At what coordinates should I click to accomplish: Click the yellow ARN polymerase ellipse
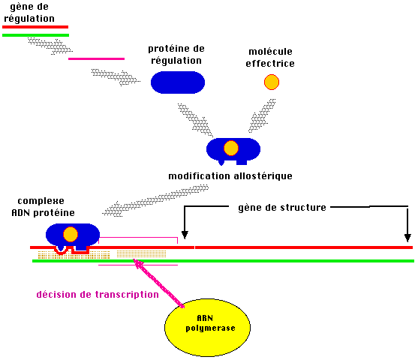click(x=207, y=328)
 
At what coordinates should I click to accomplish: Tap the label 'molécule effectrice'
click(x=270, y=58)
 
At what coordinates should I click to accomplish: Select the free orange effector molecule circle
click(x=272, y=82)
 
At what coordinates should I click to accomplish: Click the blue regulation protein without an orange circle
click(x=178, y=82)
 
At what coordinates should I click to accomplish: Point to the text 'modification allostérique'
click(x=230, y=176)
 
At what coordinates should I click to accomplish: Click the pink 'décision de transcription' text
click(x=98, y=295)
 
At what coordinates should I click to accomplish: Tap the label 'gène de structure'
click(x=282, y=208)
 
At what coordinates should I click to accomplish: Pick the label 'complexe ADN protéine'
click(x=43, y=207)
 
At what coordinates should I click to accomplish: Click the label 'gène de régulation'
click(x=29, y=13)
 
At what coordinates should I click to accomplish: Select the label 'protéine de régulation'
click(x=176, y=55)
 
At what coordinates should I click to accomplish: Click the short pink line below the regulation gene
click(x=97, y=59)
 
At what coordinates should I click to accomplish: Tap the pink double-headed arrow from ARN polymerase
click(x=159, y=283)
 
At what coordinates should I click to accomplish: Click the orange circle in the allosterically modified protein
click(x=231, y=148)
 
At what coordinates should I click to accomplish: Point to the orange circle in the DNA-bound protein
click(x=71, y=234)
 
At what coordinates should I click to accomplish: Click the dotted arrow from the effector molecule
click(x=262, y=116)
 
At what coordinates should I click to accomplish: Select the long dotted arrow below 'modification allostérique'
click(x=155, y=200)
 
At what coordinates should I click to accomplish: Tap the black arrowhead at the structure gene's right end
click(x=407, y=238)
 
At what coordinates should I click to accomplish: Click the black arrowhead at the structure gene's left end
click(x=185, y=235)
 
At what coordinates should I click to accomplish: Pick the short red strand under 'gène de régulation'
click(x=35, y=27)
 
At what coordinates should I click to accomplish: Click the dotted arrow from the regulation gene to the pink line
click(x=50, y=46)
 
